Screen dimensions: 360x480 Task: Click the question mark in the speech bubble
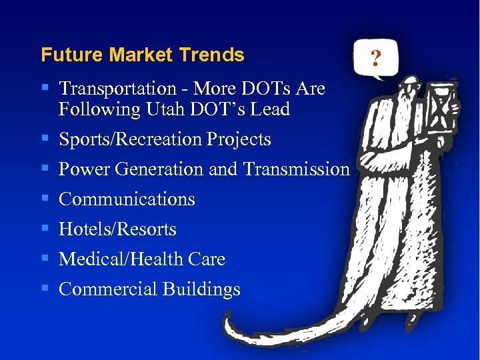click(x=375, y=61)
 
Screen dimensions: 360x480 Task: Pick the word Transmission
click(x=297, y=169)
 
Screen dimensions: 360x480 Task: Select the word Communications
click(x=127, y=199)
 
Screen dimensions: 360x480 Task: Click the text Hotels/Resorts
click(x=117, y=229)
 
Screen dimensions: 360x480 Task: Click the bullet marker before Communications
click(x=44, y=199)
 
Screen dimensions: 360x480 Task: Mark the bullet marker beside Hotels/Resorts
click(x=44, y=229)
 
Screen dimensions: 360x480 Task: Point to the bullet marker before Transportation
click(x=44, y=88)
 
